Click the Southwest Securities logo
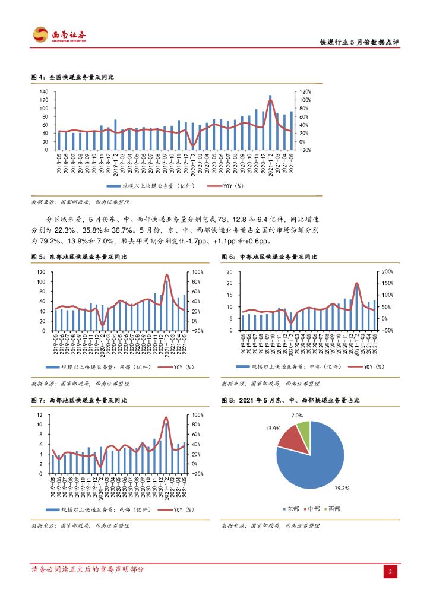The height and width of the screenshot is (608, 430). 59,35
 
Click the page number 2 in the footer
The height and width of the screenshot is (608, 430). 390,571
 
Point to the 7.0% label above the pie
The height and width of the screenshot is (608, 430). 298,416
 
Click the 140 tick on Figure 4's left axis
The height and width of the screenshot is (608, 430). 44,92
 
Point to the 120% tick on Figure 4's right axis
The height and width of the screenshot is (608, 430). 305,92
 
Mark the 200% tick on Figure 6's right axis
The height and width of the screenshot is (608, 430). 387,271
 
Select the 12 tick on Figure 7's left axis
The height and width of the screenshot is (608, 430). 39,414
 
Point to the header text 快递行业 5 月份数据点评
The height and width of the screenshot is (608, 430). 359,43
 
